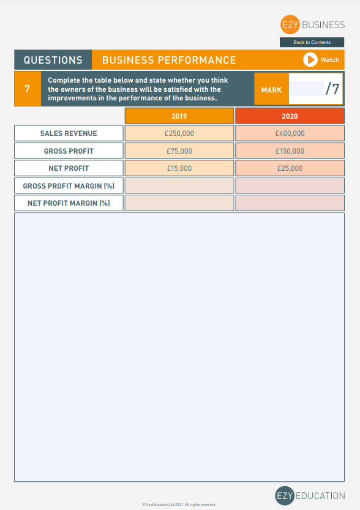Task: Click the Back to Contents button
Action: tap(312, 42)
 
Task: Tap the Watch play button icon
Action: tap(311, 59)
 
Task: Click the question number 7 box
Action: tap(27, 89)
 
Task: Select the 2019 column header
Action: tap(179, 116)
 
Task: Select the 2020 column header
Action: tap(290, 116)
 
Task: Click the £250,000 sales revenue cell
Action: tap(179, 133)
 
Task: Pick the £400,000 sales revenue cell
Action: tap(290, 133)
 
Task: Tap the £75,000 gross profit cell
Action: tap(179, 151)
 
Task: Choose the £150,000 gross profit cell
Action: tap(290, 151)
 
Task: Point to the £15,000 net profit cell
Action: tap(179, 168)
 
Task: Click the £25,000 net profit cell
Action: tap(290, 168)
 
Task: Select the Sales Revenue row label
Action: tap(69, 133)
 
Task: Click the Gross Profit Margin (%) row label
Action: tap(69, 186)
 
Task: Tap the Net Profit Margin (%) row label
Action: tap(69, 203)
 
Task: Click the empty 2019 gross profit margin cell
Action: tap(179, 186)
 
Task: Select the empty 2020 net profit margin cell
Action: tap(290, 203)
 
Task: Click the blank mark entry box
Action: tap(306, 89)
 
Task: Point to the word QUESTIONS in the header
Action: tap(53, 60)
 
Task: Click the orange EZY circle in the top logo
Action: tap(289, 25)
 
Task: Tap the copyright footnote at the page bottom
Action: tap(179, 504)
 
